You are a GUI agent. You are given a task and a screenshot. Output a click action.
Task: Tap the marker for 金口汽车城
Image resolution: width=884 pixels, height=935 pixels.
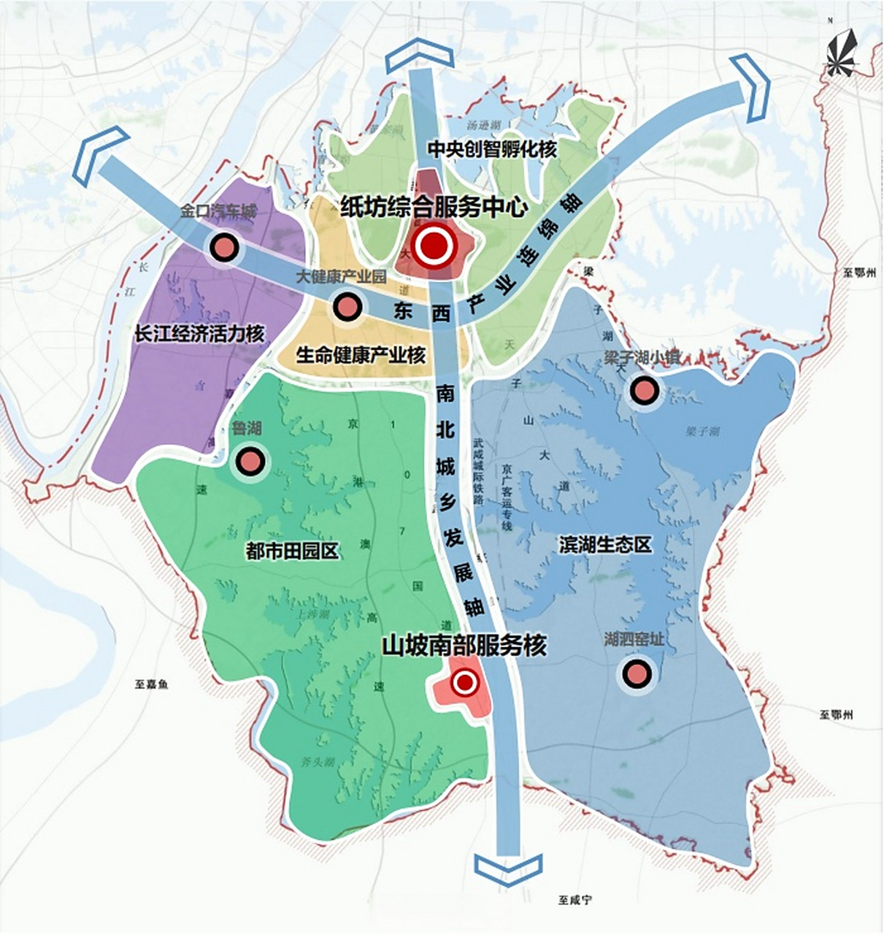pyautogui.click(x=224, y=248)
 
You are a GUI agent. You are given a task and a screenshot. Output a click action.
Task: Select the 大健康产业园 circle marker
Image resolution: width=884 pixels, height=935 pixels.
pyautogui.click(x=347, y=307)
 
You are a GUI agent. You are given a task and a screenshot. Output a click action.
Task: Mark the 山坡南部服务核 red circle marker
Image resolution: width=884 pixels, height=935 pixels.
pyautogui.click(x=464, y=683)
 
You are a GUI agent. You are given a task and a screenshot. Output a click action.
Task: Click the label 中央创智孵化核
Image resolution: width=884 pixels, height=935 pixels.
pyautogui.click(x=492, y=150)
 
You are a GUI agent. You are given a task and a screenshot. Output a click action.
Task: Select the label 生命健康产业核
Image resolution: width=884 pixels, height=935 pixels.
pyautogui.click(x=361, y=356)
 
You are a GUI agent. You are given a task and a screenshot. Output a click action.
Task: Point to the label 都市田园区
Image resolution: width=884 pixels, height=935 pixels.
pyautogui.click(x=292, y=551)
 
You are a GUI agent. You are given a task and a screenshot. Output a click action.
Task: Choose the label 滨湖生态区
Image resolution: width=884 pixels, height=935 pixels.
pyautogui.click(x=605, y=544)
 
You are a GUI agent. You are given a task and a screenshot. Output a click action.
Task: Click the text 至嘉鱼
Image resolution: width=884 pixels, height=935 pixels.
pyautogui.click(x=151, y=684)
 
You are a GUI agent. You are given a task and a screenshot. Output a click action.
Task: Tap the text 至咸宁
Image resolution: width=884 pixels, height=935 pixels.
pyautogui.click(x=575, y=900)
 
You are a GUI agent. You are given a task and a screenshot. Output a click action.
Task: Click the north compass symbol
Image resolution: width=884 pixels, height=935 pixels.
pyautogui.click(x=844, y=53)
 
